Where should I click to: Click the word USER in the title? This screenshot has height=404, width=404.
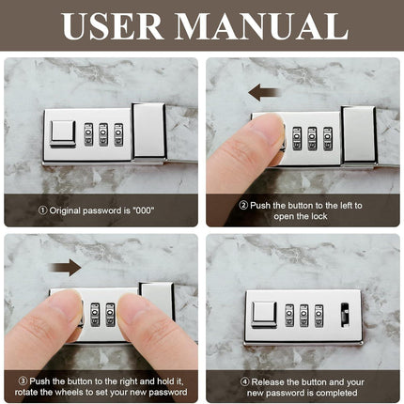coord(112,26)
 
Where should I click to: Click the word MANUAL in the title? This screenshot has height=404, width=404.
coord(261,26)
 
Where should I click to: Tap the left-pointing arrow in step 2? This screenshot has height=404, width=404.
coord(264,93)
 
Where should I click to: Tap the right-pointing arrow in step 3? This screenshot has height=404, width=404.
coord(65,268)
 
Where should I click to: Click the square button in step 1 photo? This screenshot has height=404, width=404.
coord(63,134)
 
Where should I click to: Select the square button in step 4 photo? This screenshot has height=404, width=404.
coord(264,315)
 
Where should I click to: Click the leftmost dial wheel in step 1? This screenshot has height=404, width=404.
coord(88,134)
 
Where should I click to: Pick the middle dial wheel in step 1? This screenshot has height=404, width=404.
coord(103,134)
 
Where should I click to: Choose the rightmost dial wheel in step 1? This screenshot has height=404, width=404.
coord(118,134)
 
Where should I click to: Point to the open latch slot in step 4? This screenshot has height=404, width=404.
coord(345,315)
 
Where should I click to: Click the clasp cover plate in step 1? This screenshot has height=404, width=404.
coord(148,131)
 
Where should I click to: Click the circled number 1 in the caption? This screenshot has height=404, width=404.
coord(42,210)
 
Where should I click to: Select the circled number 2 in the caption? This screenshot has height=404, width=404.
coord(243,205)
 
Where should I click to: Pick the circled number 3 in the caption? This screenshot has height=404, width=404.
coord(23,381)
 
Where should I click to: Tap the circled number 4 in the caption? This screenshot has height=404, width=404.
coord(244,382)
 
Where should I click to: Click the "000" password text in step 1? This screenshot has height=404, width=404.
coord(144,210)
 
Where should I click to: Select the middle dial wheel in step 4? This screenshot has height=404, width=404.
coord(303,316)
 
